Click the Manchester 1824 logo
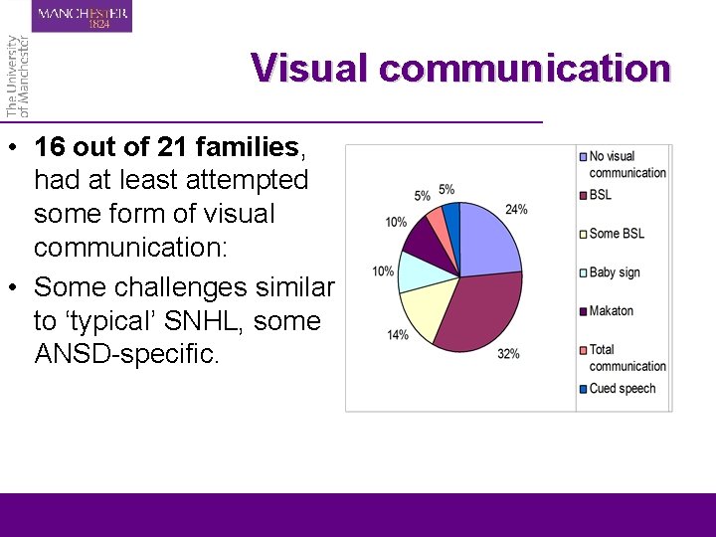84,17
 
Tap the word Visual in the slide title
309,69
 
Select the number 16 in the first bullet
51,148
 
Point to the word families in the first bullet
248,148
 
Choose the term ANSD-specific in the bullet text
126,354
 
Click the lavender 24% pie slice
490,239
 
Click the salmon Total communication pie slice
437,220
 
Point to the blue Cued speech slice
452,216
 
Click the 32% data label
508,354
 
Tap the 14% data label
398,335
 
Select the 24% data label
516,210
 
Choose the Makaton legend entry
611,311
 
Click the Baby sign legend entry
614,272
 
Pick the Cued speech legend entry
622,389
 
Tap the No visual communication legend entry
626,164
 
